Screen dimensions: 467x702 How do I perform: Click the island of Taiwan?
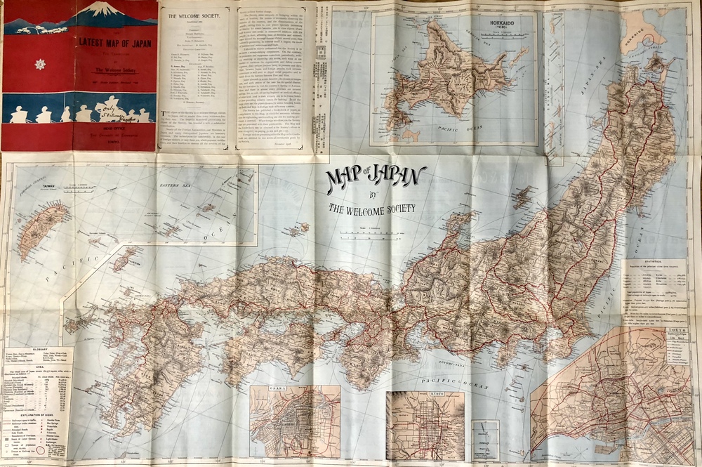click(42, 228)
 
